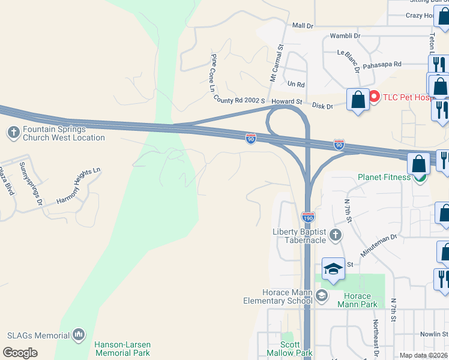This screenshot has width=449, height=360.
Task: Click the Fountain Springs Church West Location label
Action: click(63, 133)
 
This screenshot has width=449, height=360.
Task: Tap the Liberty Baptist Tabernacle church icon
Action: click(336, 235)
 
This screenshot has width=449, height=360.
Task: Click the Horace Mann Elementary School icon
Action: click(322, 295)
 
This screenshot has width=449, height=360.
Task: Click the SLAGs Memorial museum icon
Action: click(79, 334)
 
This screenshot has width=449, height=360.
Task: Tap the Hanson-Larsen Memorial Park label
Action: click(122, 349)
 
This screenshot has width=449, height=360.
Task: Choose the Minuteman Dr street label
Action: click(379, 244)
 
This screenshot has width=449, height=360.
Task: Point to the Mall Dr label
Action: click(303, 26)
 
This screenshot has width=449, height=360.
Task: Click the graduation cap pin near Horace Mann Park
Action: click(333, 269)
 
